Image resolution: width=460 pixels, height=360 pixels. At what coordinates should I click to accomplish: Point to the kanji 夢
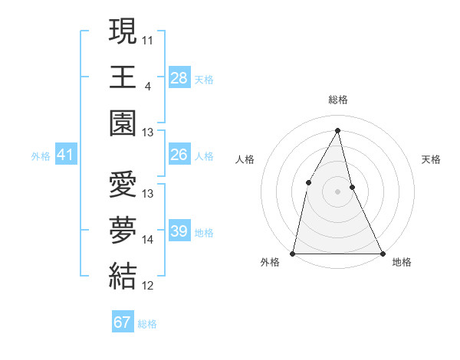pyautogui.click(x=123, y=230)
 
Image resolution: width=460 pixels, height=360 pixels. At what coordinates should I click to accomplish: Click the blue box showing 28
pyautogui.click(x=179, y=77)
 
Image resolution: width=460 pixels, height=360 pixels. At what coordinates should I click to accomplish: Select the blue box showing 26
pyautogui.click(x=179, y=155)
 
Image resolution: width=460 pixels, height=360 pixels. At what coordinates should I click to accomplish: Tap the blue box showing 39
pyautogui.click(x=179, y=231)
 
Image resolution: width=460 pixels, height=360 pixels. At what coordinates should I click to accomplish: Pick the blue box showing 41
pyautogui.click(x=65, y=155)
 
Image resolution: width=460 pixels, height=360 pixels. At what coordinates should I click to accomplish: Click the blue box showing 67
pyautogui.click(x=122, y=322)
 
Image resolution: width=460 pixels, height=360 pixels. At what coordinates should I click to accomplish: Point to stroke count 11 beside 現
pyautogui.click(x=148, y=38)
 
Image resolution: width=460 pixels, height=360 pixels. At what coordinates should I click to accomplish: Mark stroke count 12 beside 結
pyautogui.click(x=148, y=286)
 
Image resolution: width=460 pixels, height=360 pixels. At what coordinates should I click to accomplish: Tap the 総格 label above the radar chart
pyautogui.click(x=338, y=100)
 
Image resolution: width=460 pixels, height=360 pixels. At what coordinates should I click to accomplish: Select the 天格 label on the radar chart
pyautogui.click(x=432, y=159)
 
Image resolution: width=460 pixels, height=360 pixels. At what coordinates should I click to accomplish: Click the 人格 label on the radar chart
pyautogui.click(x=245, y=159)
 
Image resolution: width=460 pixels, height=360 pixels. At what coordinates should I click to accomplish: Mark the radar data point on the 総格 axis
pyautogui.click(x=338, y=130)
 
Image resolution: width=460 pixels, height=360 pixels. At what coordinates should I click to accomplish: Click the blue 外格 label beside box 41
pyautogui.click(x=41, y=156)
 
